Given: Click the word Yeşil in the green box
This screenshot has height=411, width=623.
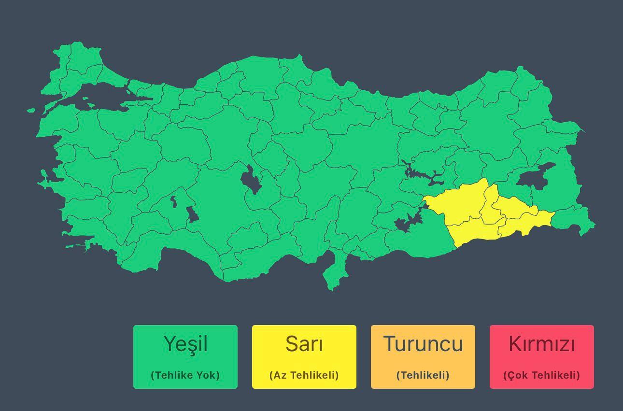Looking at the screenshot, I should (x=185, y=344).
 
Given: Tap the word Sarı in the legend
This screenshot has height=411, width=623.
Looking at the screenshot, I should (x=304, y=344).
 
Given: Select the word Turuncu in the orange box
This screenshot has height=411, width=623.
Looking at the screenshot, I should (x=423, y=344).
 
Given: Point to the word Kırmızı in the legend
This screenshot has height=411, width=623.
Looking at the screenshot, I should (x=542, y=344).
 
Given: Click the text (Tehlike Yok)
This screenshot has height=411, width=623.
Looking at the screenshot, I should (x=185, y=375).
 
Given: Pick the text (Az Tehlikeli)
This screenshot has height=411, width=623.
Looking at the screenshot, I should (x=304, y=375).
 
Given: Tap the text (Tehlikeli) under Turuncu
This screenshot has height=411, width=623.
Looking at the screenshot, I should (x=423, y=375).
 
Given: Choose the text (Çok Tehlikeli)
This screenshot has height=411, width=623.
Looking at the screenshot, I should (x=542, y=375).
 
